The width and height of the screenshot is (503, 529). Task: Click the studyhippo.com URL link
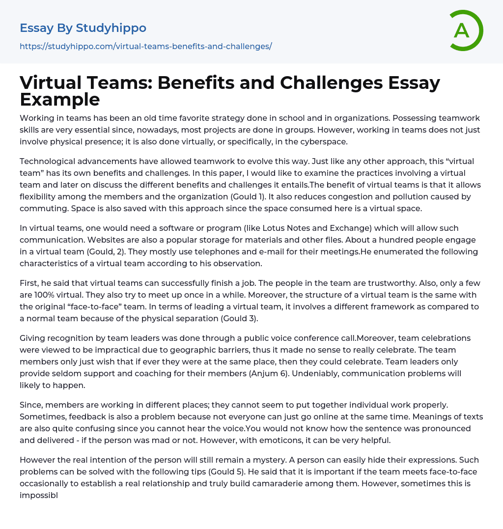(145, 46)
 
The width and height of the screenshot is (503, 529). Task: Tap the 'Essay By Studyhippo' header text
(83, 28)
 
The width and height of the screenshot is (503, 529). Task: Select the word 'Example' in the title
(60, 99)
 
